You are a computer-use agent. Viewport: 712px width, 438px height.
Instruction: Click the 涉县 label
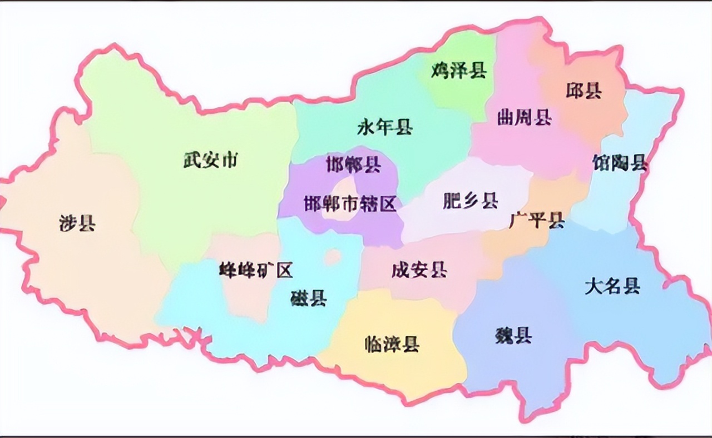[x=77, y=223]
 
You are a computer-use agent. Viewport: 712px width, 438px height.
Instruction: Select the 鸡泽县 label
[x=459, y=71]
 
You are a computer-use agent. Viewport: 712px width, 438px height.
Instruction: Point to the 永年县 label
[x=385, y=128]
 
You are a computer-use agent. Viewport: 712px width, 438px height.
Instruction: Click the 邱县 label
[x=584, y=90]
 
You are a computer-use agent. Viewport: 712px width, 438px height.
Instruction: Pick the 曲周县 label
[x=524, y=117]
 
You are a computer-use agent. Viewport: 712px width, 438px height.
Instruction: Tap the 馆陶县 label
[x=620, y=163]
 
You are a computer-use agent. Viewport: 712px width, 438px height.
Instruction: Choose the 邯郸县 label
[x=353, y=165]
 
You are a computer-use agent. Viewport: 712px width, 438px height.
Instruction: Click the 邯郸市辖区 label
[x=350, y=204]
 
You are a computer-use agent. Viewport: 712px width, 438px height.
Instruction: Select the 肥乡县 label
[x=470, y=201]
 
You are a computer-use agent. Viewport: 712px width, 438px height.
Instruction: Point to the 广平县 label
[x=537, y=221]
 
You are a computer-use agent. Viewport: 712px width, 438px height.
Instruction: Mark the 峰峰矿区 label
[x=256, y=271]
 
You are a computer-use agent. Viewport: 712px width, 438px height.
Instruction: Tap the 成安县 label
[x=419, y=271]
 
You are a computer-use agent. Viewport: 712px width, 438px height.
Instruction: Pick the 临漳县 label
[x=392, y=345]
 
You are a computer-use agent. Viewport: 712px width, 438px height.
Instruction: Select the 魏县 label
[x=513, y=335]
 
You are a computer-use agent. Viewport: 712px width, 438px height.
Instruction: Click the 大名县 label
[x=612, y=286]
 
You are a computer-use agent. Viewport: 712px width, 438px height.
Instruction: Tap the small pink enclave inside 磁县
[x=333, y=256]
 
